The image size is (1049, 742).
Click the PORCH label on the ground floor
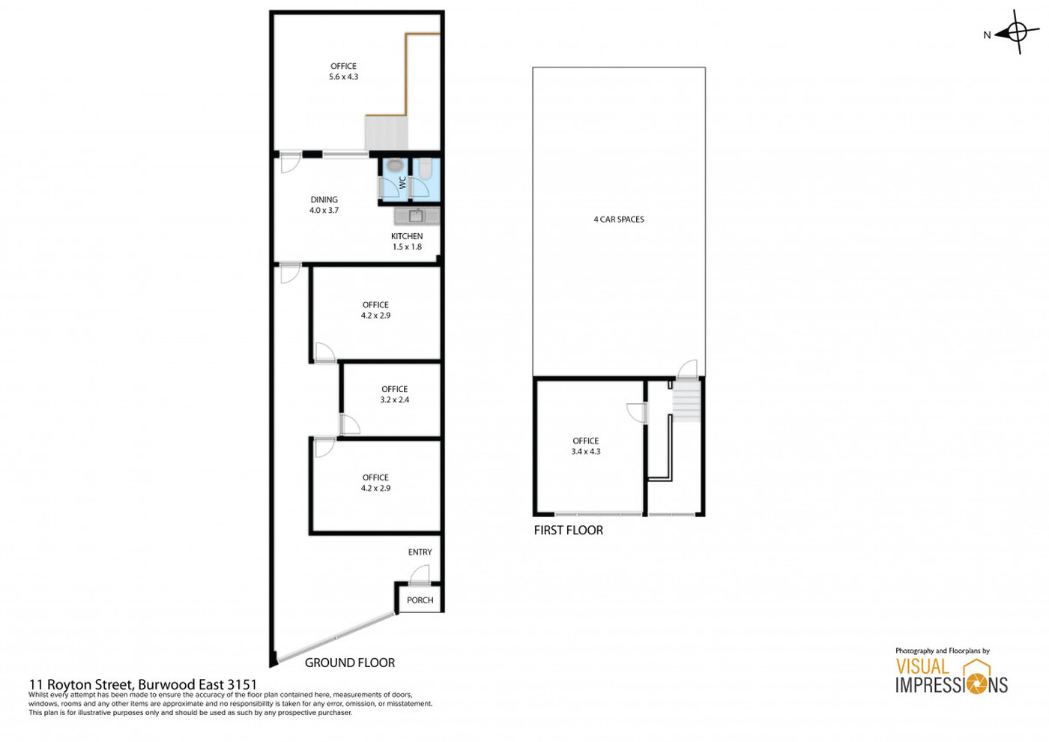click(420, 600)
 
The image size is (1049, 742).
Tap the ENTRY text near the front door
click(420, 552)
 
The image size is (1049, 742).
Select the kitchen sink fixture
click(417, 216)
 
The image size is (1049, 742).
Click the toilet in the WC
click(426, 168)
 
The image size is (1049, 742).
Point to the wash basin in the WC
click(395, 165)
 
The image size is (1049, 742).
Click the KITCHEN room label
click(407, 236)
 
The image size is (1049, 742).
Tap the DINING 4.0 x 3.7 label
click(324, 205)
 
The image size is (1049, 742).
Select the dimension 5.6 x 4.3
click(343, 76)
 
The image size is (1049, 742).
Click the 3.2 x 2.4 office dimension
click(394, 399)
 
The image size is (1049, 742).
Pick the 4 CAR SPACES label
click(619, 219)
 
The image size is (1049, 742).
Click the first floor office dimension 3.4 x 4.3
click(586, 451)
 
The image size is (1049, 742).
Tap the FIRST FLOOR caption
click(569, 530)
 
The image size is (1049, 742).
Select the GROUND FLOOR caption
click(350, 663)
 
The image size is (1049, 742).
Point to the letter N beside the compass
click(988, 35)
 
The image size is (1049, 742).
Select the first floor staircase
click(686, 402)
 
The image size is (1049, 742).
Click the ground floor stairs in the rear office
click(387, 133)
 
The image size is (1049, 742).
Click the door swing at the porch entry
click(419, 574)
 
